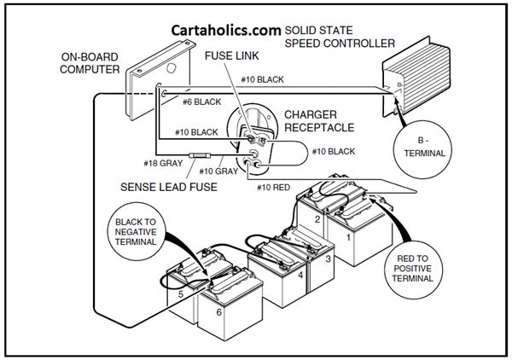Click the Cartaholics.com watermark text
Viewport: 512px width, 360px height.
[226, 31]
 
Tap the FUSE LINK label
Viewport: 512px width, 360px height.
[232, 55]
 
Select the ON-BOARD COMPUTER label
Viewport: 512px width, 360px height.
[90, 63]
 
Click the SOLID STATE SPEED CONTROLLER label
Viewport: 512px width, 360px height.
[340, 37]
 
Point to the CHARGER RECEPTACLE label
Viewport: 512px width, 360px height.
[319, 121]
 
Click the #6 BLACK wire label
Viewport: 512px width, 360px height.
[201, 102]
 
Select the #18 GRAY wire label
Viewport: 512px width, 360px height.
[163, 163]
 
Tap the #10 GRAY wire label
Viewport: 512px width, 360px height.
[218, 171]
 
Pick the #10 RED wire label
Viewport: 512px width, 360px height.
[273, 188]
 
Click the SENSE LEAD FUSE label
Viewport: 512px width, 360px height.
[169, 187]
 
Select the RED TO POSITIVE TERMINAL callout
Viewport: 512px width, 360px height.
[412, 269]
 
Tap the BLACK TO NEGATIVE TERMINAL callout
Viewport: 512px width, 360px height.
[136, 232]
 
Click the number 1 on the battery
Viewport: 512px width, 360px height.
[348, 237]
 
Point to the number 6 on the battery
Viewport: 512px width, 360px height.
[218, 312]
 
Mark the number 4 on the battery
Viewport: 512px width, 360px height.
[300, 276]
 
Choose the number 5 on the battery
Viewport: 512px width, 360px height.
[181, 294]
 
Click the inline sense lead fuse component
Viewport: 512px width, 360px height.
[200, 155]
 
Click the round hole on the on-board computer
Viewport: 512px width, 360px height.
[172, 68]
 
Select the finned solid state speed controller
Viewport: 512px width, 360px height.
[416, 77]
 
